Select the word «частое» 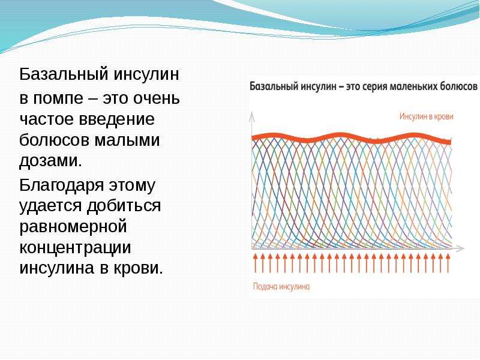[46, 119]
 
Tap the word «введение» [116, 119]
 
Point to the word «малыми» [127, 140]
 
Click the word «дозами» [50, 161]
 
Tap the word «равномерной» [73, 227]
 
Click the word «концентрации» [75, 248]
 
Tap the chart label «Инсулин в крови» [426, 116]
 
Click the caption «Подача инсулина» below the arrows [281, 287]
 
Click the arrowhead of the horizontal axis [461, 248]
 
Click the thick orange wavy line [351, 137]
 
